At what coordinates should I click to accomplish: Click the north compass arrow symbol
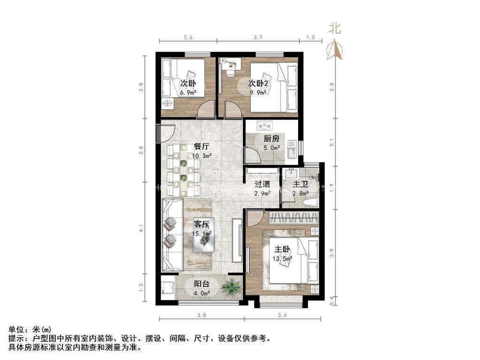335,49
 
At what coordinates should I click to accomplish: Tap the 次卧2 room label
258,83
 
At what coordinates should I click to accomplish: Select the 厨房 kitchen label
271,139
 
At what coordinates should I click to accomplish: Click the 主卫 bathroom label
300,184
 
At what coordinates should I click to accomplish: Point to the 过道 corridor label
262,184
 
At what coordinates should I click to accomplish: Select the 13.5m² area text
283,258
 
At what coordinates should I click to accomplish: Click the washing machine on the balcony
167,286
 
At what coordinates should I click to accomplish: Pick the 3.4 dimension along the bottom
282,315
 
